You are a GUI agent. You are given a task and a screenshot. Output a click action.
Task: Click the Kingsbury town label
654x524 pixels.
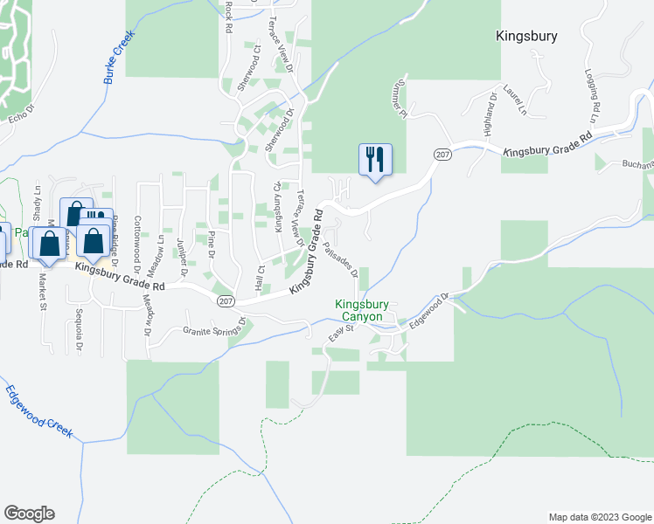pyautogui.click(x=526, y=37)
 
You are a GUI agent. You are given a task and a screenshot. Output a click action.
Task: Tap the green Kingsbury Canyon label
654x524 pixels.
pyautogui.click(x=359, y=311)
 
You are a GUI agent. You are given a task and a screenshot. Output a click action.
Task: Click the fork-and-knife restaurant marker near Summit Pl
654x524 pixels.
pyautogui.click(x=375, y=160)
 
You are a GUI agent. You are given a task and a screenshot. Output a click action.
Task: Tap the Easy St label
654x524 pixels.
pyautogui.click(x=339, y=333)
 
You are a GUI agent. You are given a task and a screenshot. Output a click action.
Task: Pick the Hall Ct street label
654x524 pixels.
pyautogui.click(x=260, y=276)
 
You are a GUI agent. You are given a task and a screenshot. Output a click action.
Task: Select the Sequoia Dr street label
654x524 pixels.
pyautogui.click(x=78, y=333)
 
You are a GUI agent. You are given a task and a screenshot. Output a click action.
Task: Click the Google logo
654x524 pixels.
pyautogui.click(x=29, y=514)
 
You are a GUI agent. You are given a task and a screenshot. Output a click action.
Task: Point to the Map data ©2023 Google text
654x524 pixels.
pyautogui.click(x=598, y=517)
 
